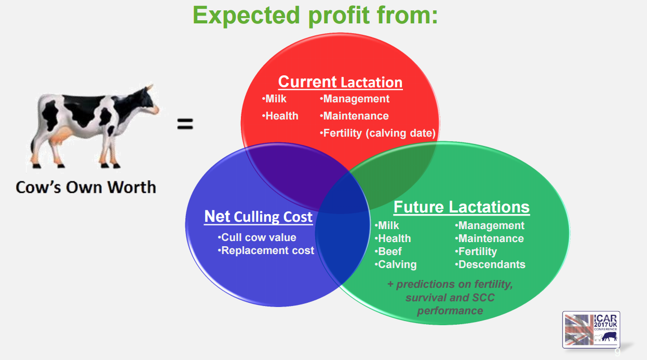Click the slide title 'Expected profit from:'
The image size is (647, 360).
tap(315, 16)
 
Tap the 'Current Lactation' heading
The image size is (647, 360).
tap(340, 82)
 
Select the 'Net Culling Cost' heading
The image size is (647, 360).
tap(258, 217)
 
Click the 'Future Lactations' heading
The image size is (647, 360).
tap(461, 207)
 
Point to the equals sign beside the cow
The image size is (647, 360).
tap(185, 124)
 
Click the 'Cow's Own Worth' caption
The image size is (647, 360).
tap(86, 187)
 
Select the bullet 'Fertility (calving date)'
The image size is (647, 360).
tap(378, 133)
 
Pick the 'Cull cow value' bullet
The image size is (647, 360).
tap(257, 237)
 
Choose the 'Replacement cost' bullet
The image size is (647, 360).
tap(266, 250)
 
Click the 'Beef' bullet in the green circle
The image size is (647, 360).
tap(388, 251)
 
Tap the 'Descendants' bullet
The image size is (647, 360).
tap(490, 264)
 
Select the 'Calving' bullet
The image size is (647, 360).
tap(396, 264)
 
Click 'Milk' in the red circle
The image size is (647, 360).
tap(274, 99)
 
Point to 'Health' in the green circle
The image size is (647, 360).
tap(393, 238)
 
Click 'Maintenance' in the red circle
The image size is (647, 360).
tap(354, 116)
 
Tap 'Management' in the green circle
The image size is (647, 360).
tap(490, 225)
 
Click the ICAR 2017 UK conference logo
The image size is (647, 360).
tap(591, 330)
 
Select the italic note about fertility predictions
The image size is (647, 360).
tap(450, 298)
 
